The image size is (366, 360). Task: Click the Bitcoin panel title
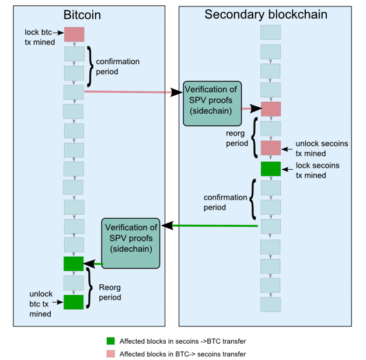pos(82,15)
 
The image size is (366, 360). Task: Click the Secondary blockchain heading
pos(266,15)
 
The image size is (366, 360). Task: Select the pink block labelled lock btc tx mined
pos(74,34)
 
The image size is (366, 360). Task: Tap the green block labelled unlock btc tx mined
pos(74,302)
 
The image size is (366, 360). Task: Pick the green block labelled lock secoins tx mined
pos(271,169)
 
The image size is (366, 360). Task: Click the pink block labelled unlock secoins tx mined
pos(271,148)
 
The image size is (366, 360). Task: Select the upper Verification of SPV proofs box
pos(212,104)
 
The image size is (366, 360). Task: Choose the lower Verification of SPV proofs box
pos(131,243)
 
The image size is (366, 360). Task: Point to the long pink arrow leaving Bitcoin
pos(133,92)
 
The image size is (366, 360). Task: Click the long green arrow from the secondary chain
pos(210,226)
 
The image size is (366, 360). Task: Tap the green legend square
pos(111,341)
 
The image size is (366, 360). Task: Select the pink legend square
pos(111,354)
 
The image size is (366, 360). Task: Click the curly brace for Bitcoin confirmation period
pos(90,67)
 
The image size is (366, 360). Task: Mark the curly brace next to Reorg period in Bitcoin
pos(89,288)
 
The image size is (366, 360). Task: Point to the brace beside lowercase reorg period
pos(255,138)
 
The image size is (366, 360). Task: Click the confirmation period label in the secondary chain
pos(225,202)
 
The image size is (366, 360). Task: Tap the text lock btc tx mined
pos(40,37)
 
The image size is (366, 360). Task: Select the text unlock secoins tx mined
pos(322,148)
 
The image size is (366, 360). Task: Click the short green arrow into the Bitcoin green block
pos(93,264)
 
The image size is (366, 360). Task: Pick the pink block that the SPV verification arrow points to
pos(271,109)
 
